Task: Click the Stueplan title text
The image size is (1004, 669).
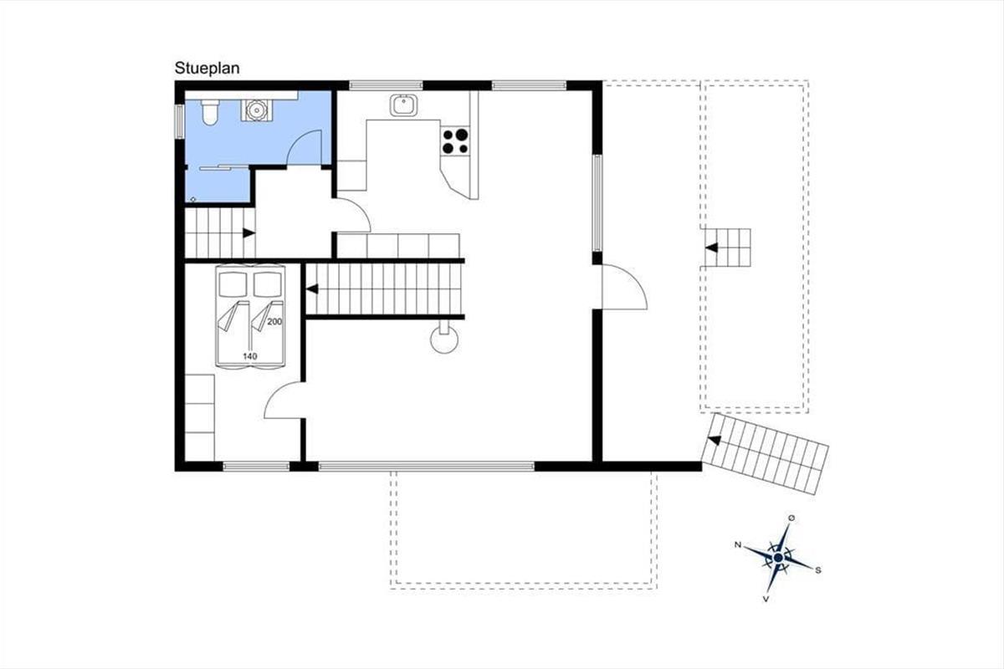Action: (207, 69)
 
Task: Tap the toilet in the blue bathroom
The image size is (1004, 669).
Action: (210, 112)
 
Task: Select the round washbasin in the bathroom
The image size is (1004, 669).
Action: (256, 110)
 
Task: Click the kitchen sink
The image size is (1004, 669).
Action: (403, 105)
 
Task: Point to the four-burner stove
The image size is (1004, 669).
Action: (455, 141)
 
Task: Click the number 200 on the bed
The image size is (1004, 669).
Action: (274, 322)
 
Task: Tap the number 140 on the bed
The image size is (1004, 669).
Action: (250, 356)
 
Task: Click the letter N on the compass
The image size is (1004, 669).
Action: (738, 545)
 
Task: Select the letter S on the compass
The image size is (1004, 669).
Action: (818, 570)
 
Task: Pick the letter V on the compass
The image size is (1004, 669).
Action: (766, 599)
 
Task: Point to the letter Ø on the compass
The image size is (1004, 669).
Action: (791, 518)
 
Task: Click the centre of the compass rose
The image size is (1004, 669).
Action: (779, 558)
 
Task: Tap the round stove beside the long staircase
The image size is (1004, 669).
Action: (444, 340)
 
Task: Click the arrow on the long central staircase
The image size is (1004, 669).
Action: (312, 289)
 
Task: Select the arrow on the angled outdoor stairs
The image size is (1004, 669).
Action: (715, 441)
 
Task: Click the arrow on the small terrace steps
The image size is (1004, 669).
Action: (712, 248)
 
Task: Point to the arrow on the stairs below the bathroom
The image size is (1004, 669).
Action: (249, 233)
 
